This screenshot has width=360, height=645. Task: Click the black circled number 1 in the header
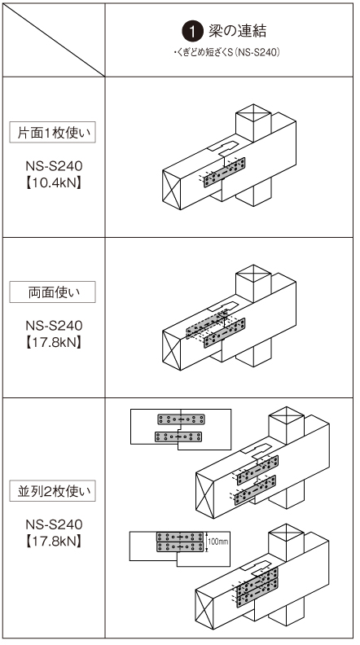pyautogui.click(x=192, y=32)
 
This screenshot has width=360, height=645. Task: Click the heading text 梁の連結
pyautogui.click(x=237, y=31)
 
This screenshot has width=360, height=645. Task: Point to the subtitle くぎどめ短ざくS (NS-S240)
pyautogui.click(x=226, y=53)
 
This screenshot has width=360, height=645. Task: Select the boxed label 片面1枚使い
pyautogui.click(x=52, y=132)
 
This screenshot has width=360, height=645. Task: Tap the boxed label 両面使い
pyautogui.click(x=52, y=292)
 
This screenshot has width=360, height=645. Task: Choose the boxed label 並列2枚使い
pyautogui.click(x=52, y=491)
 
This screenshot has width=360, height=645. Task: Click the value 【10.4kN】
pyautogui.click(x=54, y=182)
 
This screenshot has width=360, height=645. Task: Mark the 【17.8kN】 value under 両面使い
pyautogui.click(x=54, y=342)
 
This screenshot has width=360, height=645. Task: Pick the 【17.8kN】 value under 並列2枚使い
pyautogui.click(x=54, y=541)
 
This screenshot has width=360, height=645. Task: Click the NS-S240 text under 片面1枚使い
pyautogui.click(x=54, y=166)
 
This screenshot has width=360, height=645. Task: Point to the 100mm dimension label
pyautogui.click(x=218, y=542)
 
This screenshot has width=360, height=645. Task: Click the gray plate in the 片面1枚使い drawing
pyautogui.click(x=224, y=173)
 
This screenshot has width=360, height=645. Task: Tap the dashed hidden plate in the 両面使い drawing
pyautogui.click(x=207, y=324)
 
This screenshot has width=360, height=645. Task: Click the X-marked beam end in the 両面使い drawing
pyautogui.click(x=172, y=350)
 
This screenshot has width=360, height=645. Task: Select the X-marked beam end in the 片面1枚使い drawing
pyautogui.click(x=172, y=190)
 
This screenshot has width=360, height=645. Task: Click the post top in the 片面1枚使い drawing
pyautogui.click(x=253, y=112)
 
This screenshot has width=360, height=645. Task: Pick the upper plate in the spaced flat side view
pyautogui.click(x=182, y=419)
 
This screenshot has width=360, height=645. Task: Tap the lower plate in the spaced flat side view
pyautogui.click(x=178, y=437)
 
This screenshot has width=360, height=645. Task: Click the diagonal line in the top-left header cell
pyautogui.click(x=54, y=40)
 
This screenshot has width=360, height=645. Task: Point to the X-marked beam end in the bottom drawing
pyautogui.click(x=204, y=610)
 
